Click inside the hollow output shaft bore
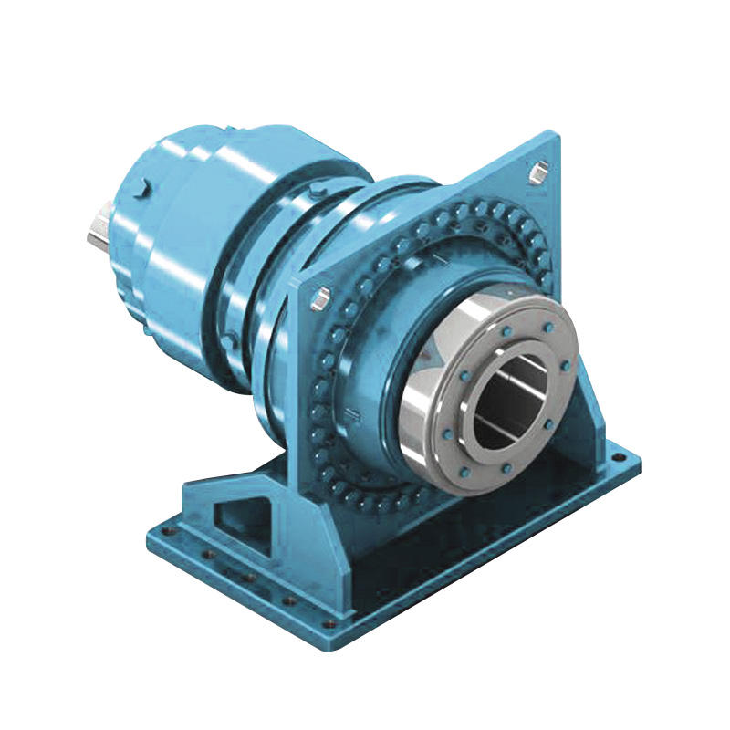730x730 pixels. [x=511, y=401]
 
